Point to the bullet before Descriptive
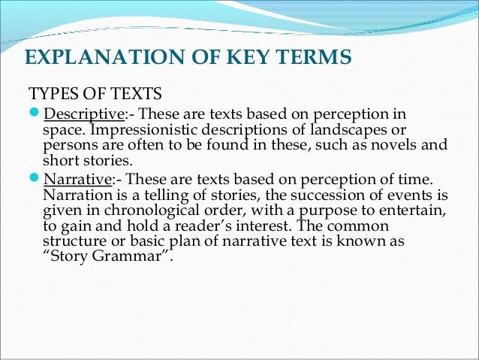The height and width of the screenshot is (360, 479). click(x=34, y=114)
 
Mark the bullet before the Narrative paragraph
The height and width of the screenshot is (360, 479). click(x=34, y=180)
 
